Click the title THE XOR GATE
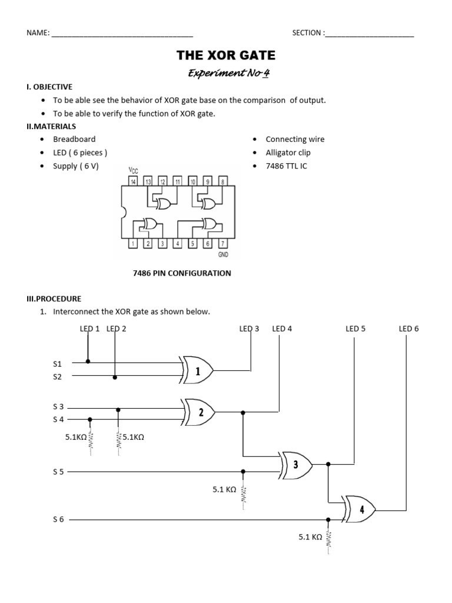(x=226, y=56)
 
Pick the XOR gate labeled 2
(x=199, y=412)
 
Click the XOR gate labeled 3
(x=296, y=465)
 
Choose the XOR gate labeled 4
(x=361, y=509)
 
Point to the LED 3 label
(x=249, y=329)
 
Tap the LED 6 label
(x=408, y=329)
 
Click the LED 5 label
(x=355, y=329)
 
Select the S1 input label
(x=58, y=365)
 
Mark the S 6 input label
(x=58, y=520)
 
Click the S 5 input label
(x=58, y=472)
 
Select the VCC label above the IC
(x=133, y=171)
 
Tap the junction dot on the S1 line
(x=88, y=361)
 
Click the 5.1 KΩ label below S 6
(x=309, y=537)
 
